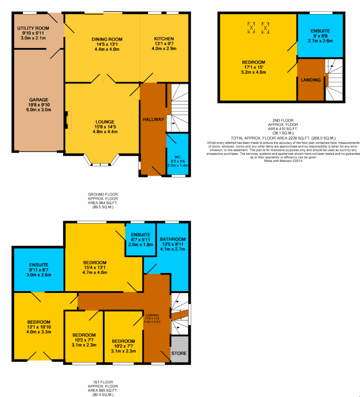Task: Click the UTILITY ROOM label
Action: click(x=33, y=28)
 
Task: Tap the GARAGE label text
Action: click(x=39, y=100)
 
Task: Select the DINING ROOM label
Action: click(x=107, y=39)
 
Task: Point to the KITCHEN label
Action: click(x=164, y=39)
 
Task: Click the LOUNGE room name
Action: click(x=105, y=122)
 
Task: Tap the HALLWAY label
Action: click(x=153, y=120)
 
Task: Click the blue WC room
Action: click(x=178, y=154)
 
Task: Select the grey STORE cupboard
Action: click(x=180, y=349)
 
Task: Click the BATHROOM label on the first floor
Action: click(x=173, y=239)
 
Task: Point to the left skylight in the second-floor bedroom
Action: click(x=251, y=28)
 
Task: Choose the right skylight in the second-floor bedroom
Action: click(x=265, y=28)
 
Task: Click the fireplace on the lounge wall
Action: click(x=68, y=120)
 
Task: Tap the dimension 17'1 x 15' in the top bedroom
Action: click(x=253, y=67)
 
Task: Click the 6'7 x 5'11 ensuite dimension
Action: click(x=141, y=240)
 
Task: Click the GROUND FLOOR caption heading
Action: click(x=103, y=194)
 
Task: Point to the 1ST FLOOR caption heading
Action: click(x=103, y=382)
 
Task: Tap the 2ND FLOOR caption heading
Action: click(x=283, y=120)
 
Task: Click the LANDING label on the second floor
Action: click(x=311, y=80)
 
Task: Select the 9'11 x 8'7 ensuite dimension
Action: click(x=39, y=270)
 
